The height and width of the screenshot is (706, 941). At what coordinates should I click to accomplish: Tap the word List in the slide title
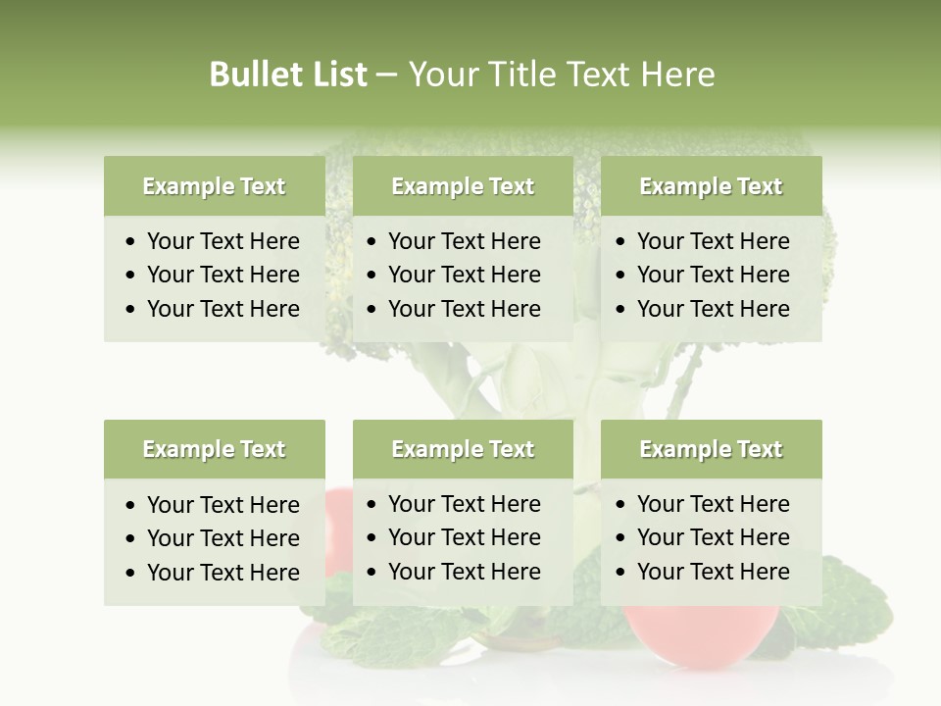pyautogui.click(x=338, y=75)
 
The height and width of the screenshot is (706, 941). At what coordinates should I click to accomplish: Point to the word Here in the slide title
pyautogui.click(x=677, y=75)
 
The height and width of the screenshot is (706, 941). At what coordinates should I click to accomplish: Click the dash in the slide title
pyautogui.click(x=387, y=76)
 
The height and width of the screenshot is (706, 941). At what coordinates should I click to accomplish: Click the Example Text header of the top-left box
pyautogui.click(x=214, y=186)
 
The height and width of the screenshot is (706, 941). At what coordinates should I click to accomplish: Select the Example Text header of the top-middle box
pyautogui.click(x=463, y=186)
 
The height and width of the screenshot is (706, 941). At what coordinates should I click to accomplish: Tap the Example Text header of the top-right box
pyautogui.click(x=711, y=186)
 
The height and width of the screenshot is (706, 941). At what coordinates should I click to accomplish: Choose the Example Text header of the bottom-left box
pyautogui.click(x=214, y=449)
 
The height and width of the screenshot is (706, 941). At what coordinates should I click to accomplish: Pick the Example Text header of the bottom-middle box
pyautogui.click(x=463, y=449)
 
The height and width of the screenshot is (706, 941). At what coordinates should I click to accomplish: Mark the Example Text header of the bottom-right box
pyautogui.click(x=711, y=449)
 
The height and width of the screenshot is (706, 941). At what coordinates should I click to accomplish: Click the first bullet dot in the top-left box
pyautogui.click(x=131, y=242)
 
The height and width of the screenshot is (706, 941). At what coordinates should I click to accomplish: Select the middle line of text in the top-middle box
pyautogui.click(x=464, y=275)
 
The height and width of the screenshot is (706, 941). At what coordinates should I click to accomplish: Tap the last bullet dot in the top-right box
pyautogui.click(x=621, y=310)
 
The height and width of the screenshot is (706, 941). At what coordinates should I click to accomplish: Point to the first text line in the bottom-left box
pyautogui.click(x=223, y=505)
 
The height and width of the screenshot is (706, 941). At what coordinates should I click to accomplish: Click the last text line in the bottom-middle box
pyautogui.click(x=464, y=572)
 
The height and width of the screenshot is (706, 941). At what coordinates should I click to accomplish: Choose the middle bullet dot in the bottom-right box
pyautogui.click(x=621, y=538)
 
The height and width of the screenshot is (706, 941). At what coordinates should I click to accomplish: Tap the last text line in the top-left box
pyautogui.click(x=223, y=309)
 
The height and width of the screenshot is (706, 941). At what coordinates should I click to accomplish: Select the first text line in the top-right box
pyautogui.click(x=713, y=241)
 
